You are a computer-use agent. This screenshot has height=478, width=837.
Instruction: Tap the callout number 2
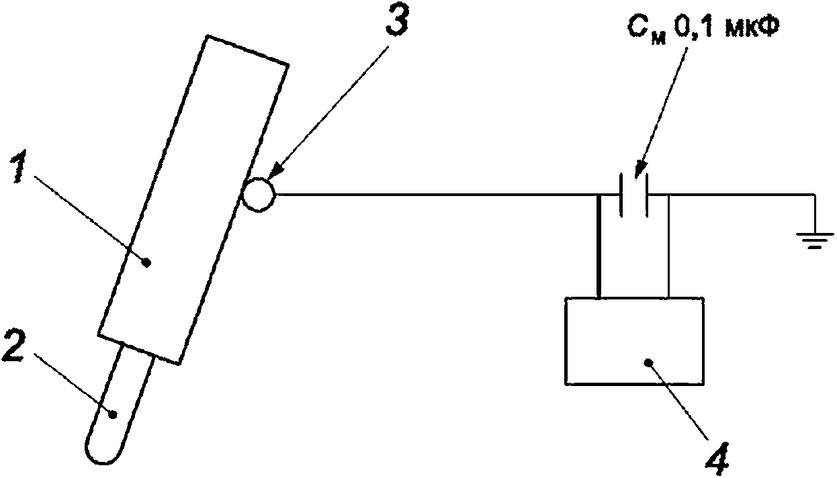pyautogui.click(x=14, y=347)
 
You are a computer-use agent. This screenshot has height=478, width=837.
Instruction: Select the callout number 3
pyautogui.click(x=398, y=21)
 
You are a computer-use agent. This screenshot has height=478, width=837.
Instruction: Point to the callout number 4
pyautogui.click(x=717, y=460)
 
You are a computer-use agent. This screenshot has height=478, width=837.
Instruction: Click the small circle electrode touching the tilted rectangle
pyautogui.click(x=259, y=195)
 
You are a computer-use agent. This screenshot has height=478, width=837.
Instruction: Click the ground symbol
pyautogui.click(x=815, y=240)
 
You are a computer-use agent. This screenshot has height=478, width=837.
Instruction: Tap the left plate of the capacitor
pyautogui.click(x=621, y=195)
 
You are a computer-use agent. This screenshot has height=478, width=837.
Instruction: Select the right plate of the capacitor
pyautogui.click(x=646, y=195)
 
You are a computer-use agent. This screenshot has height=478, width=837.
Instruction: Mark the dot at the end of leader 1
pyautogui.click(x=148, y=263)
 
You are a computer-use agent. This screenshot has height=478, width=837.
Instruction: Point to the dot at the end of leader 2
pyautogui.click(x=112, y=414)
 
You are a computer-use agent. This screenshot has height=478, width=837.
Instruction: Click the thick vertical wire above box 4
pyautogui.click(x=599, y=246)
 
